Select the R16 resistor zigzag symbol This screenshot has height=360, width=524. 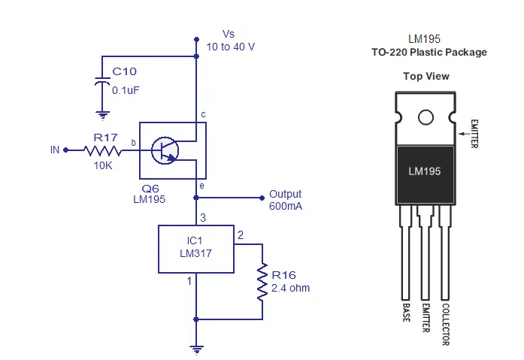[x=262, y=280]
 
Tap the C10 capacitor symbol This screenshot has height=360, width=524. [x=101, y=81]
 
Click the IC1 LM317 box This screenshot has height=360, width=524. [x=196, y=248]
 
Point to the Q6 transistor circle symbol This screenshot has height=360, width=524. [x=165, y=150]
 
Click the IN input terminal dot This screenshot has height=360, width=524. [x=65, y=150]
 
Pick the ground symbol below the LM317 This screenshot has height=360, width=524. [x=196, y=349]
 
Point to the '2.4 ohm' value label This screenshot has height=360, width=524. [x=290, y=288]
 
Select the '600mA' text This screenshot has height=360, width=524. [x=285, y=206]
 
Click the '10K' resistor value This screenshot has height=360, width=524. [x=102, y=165]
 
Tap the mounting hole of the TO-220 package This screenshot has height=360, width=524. [x=426, y=118]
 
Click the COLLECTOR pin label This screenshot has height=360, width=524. [x=446, y=324]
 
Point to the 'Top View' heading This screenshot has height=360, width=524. [x=426, y=76]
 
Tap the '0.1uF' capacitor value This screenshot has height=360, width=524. [x=126, y=89]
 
